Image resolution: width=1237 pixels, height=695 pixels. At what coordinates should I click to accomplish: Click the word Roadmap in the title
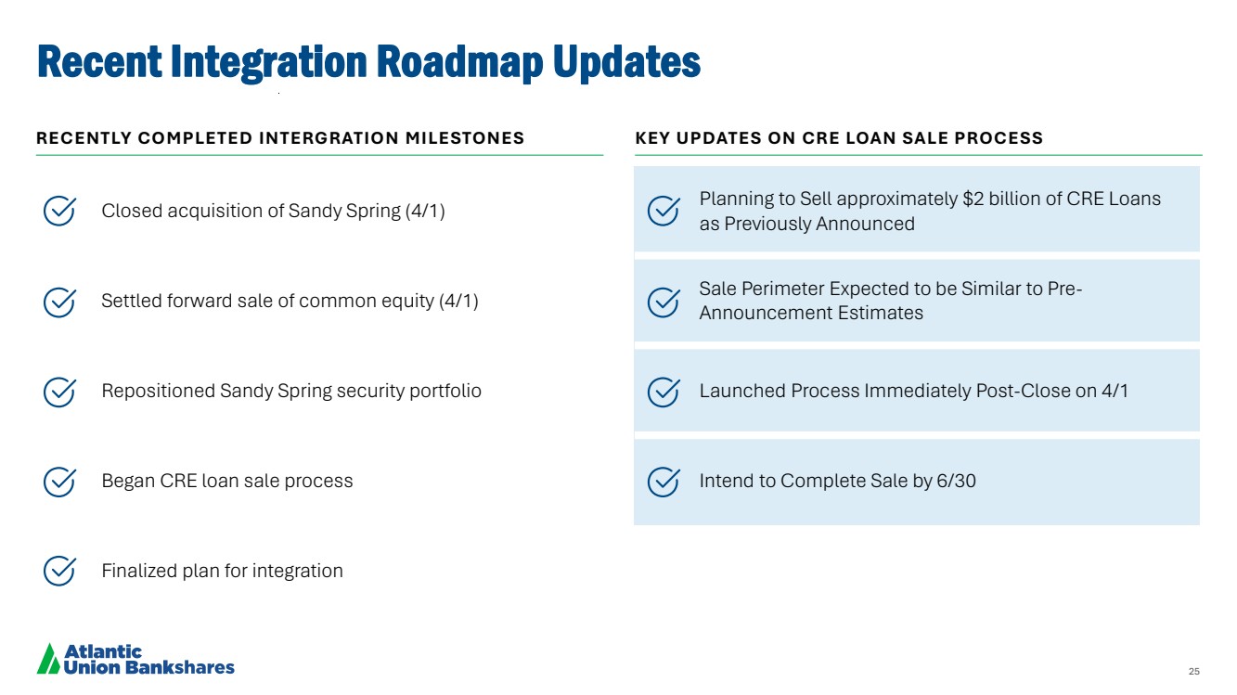tap(459, 62)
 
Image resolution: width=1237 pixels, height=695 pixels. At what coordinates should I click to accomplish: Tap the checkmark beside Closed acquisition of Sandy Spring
tap(59, 211)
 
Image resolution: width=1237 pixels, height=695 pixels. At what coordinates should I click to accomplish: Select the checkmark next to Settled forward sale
tap(59, 302)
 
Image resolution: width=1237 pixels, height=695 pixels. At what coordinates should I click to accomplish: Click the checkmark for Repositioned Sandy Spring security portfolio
tap(59, 392)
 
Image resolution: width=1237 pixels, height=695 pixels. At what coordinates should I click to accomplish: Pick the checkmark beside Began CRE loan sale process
tap(59, 482)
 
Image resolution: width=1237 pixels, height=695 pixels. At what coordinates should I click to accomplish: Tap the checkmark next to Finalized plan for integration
tap(59, 571)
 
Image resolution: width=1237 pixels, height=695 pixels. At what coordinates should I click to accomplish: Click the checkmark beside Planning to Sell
tap(664, 211)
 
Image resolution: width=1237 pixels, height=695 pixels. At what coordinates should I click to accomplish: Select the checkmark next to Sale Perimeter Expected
tap(664, 302)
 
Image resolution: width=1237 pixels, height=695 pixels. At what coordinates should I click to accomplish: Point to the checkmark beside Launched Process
tap(664, 392)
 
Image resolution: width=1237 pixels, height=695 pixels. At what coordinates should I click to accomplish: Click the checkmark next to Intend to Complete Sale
tap(664, 482)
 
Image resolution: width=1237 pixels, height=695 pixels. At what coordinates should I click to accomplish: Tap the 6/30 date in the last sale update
tap(957, 481)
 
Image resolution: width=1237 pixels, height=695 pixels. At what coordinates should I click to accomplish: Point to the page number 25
tap(1194, 671)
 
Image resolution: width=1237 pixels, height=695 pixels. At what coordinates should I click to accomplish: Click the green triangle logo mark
tap(48, 659)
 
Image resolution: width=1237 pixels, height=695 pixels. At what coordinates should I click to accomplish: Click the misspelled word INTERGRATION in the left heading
tap(329, 138)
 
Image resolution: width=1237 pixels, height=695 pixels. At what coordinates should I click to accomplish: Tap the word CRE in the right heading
tap(820, 138)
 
